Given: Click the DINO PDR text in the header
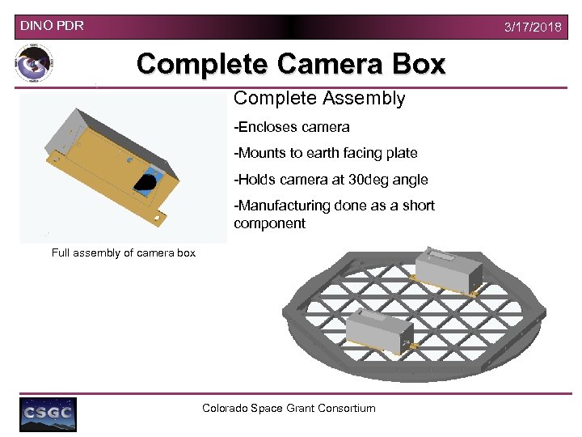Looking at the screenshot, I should click(52, 26).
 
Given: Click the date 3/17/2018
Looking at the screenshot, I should click(532, 28).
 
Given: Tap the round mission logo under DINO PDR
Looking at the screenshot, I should click(34, 65).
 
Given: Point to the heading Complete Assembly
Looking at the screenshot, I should click(319, 99).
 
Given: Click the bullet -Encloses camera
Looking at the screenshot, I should click(292, 126).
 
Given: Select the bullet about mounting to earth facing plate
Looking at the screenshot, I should click(326, 153).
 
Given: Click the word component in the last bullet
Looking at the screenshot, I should click(269, 223).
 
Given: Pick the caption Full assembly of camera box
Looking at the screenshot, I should click(124, 252).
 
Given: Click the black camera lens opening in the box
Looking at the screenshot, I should click(146, 183).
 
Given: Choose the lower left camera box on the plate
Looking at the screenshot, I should click(378, 331).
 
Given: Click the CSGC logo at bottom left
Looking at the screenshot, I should click(48, 414).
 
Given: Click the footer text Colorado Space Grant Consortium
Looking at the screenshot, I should click(289, 408).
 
